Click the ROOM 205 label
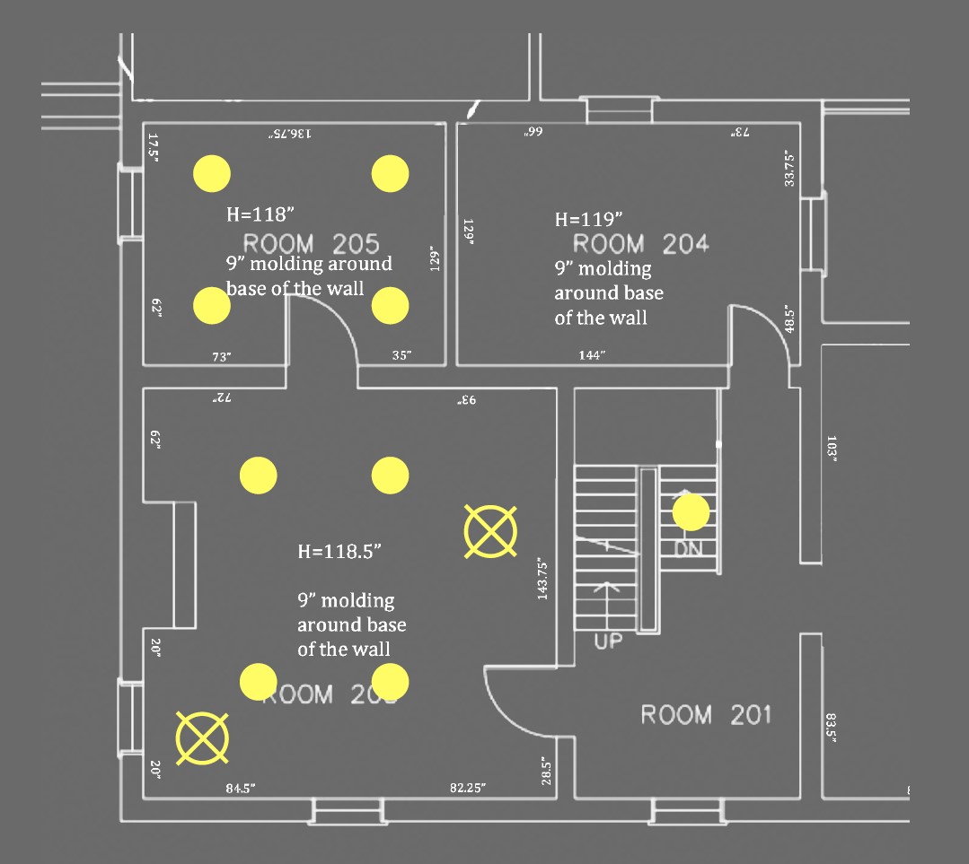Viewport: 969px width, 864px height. pos(312,243)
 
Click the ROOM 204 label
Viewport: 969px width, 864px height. pos(640,243)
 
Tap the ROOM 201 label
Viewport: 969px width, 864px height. pos(706,715)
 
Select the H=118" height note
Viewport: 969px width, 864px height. pos(260,214)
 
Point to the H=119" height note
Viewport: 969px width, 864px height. pos(588,219)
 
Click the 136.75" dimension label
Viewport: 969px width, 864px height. pos(289,133)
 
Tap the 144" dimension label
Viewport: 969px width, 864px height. pos(592,355)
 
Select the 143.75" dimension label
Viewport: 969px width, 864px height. pos(542,579)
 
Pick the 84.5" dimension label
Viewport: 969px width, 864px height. pos(241,789)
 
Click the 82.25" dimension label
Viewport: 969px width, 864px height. pos(468,788)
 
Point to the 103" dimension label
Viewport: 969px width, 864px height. pos(832,449)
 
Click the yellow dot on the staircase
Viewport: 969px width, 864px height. pos(691,512)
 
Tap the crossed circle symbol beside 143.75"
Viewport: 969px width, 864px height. pos(490,531)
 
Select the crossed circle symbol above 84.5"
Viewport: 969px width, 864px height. pos(202,738)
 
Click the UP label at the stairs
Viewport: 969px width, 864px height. pos(608,641)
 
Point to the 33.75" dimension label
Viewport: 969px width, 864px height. pos(788,168)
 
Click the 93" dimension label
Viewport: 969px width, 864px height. pos(465,398)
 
